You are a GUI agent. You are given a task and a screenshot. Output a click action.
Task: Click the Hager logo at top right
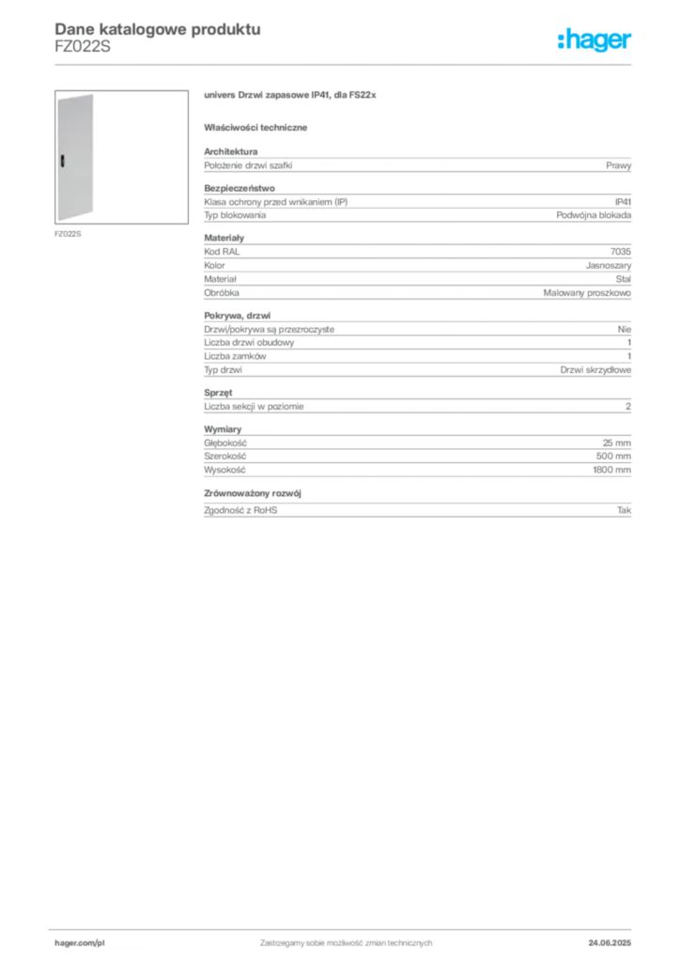[x=595, y=40]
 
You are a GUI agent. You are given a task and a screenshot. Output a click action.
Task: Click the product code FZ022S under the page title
[x=83, y=47]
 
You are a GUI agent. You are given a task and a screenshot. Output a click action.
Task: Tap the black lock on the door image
[x=63, y=161]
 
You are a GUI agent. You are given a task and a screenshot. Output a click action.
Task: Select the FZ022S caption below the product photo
[x=68, y=234]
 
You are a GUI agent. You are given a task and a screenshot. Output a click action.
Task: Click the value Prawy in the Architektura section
[x=618, y=165]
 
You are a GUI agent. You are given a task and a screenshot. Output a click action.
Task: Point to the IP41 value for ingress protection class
[x=623, y=202]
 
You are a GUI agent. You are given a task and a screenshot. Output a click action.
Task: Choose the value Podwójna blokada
[x=594, y=215]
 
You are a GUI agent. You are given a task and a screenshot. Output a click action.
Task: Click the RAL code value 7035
[x=621, y=252]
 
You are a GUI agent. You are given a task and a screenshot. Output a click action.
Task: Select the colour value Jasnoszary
[x=609, y=266]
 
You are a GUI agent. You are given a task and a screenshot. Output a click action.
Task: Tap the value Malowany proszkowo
[x=587, y=293]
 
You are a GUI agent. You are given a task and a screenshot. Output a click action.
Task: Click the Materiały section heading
[x=224, y=238]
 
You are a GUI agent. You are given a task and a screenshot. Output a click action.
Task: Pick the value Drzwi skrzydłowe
[x=595, y=370]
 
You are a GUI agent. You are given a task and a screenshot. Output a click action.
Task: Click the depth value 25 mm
[x=616, y=443]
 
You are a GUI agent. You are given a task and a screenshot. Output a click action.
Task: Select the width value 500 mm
[x=613, y=457]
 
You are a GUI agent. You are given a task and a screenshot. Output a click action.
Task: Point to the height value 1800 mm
[x=612, y=470]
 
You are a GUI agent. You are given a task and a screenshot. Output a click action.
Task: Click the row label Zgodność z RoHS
[x=240, y=510]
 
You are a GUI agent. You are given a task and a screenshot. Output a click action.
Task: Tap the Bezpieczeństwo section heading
[x=240, y=188]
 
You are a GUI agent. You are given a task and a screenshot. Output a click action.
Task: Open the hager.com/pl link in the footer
[x=80, y=943]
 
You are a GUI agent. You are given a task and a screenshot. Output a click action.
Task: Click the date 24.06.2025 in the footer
[x=610, y=943]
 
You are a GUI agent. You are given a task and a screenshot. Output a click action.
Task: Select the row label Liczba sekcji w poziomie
[x=254, y=407]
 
